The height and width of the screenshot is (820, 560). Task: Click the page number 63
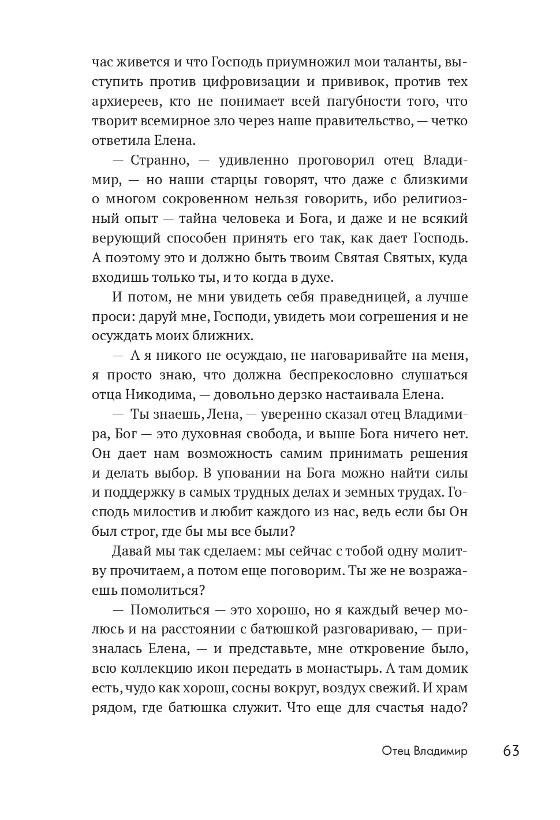512,751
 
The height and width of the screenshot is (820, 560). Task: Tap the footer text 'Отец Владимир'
424,751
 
